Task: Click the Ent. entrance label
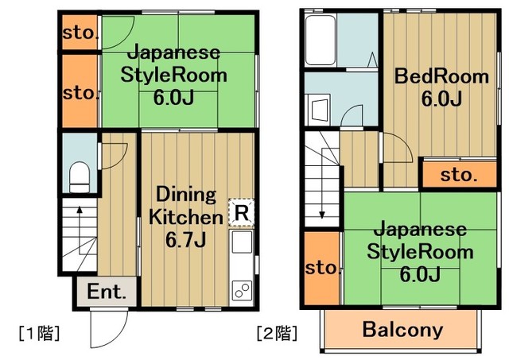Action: tap(107, 292)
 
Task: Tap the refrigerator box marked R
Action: tap(242, 212)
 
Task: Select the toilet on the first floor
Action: tap(79, 176)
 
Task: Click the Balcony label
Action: tap(402, 329)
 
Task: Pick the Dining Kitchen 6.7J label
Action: tap(185, 216)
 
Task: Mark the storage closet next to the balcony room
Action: tap(321, 269)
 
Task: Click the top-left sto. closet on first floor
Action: tap(80, 33)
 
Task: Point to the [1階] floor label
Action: tap(38, 331)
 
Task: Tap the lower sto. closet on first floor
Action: tap(80, 91)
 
